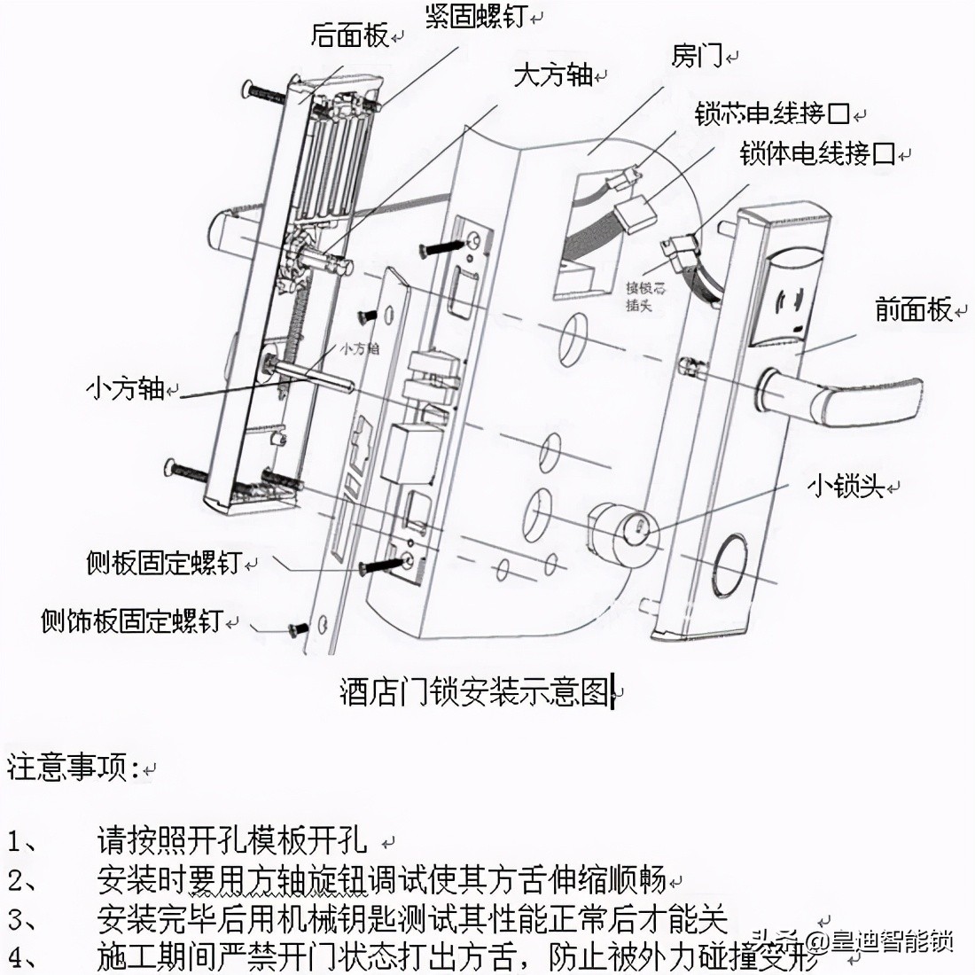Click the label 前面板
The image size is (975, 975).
point(913,310)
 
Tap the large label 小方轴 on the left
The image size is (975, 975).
point(125,388)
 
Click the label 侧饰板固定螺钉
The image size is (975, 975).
point(130,620)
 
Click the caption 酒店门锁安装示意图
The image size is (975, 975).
point(475,692)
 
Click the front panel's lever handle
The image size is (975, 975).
point(851,399)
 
